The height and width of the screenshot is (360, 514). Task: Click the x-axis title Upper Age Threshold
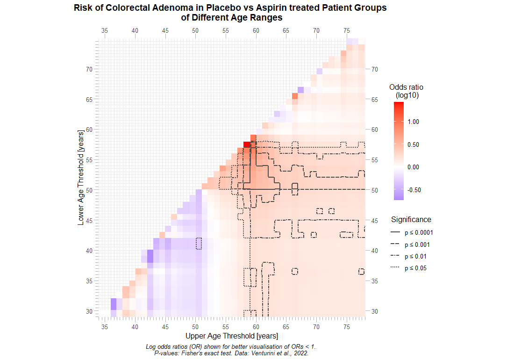click(x=231, y=336)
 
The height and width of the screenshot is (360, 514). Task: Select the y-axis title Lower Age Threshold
click(x=81, y=178)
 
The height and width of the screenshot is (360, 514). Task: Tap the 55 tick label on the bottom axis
click(x=226, y=325)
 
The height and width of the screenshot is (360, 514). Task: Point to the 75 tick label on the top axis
click(x=347, y=30)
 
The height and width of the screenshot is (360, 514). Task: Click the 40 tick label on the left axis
click(x=89, y=251)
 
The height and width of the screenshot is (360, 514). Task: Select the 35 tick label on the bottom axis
click(x=105, y=325)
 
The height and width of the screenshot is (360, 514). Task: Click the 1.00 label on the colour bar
click(x=413, y=122)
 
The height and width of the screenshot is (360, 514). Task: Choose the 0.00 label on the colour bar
click(x=413, y=167)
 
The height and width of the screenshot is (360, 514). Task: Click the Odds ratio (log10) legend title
click(x=406, y=91)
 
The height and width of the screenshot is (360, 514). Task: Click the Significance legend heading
click(x=411, y=219)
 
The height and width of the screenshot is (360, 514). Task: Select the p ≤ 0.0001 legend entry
click(x=417, y=232)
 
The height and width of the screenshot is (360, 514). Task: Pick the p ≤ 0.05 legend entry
click(x=415, y=268)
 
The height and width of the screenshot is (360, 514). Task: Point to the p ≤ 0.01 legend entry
click(x=415, y=256)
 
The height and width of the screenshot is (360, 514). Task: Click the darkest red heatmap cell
click(x=247, y=144)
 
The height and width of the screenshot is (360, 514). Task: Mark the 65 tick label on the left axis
click(x=89, y=100)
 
